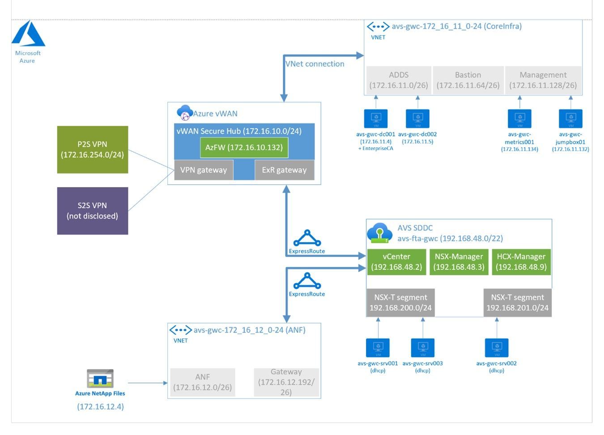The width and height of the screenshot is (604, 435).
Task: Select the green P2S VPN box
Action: tap(93, 149)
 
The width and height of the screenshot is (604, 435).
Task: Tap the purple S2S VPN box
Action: tap(93, 211)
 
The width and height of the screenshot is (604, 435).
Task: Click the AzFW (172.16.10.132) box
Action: tap(244, 148)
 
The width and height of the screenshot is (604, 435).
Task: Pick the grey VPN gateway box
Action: tap(204, 170)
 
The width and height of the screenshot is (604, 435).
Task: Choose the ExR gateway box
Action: tap(285, 170)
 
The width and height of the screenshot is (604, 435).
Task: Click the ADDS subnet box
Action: tap(399, 80)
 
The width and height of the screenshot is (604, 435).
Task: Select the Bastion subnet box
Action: tap(468, 80)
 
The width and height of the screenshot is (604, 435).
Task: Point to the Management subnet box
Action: tap(543, 80)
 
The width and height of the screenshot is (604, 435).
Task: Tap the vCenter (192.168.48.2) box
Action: tap(396, 262)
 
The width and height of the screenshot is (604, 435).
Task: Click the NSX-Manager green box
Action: tap(459, 262)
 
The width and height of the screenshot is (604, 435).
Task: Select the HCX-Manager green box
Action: tap(521, 262)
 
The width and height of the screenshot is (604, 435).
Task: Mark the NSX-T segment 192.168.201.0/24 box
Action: tap(517, 303)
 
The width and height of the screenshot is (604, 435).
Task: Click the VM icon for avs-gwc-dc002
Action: tap(418, 119)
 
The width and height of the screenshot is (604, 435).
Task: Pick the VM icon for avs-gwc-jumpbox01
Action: tap(570, 119)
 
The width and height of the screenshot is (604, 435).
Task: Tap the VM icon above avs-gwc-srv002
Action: tap(497, 348)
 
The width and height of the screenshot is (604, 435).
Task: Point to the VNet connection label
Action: tap(315, 64)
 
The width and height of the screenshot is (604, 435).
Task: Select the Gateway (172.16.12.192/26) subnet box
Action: tap(286, 382)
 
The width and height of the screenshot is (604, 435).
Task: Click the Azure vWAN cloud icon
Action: tap(184, 113)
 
